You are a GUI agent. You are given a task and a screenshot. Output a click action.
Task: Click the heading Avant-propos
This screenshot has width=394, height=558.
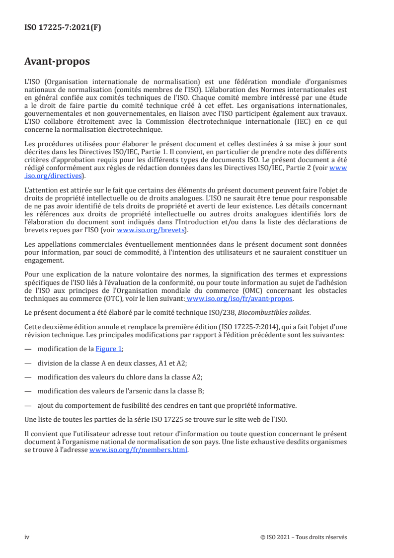(x=57, y=62)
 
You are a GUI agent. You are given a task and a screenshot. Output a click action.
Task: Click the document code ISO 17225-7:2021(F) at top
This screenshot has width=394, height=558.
(x=63, y=28)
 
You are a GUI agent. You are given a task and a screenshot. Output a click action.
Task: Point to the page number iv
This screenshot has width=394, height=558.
(x=27, y=537)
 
